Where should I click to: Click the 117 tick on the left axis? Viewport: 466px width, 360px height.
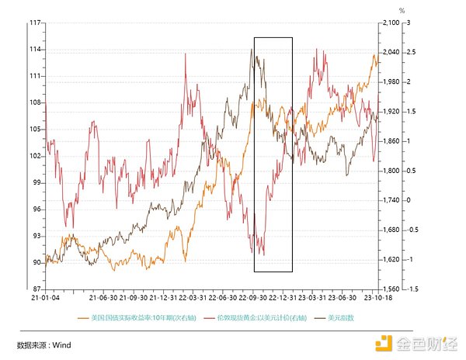[x=35, y=23]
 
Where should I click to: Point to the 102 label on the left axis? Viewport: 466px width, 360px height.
[x=35, y=156]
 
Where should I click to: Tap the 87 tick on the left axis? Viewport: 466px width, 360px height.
[x=37, y=289]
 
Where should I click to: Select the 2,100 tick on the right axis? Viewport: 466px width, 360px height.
[x=388, y=23]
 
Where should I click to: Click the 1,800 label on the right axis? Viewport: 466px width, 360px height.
[x=388, y=171]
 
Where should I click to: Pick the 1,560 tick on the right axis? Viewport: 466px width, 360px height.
[x=388, y=289]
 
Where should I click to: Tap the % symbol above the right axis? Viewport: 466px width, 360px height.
[x=402, y=11]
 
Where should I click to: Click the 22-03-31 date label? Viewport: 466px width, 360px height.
[x=193, y=296]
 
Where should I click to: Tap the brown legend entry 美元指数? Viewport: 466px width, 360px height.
[x=340, y=317]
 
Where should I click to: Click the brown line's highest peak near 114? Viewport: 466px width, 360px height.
[x=252, y=50]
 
